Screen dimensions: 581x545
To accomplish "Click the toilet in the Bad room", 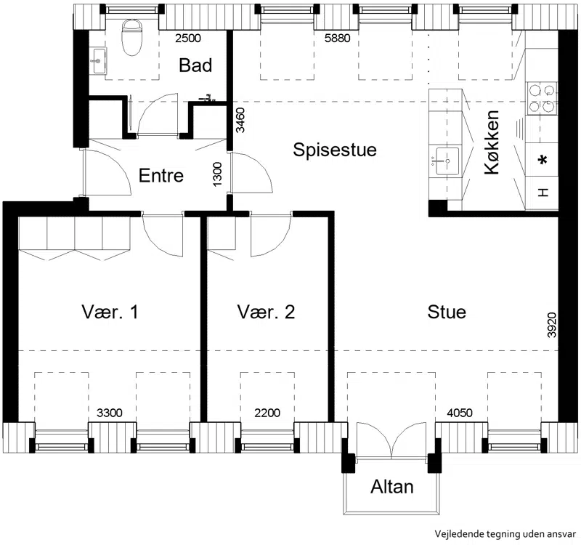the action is (132, 37).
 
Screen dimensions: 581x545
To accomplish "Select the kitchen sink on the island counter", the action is (447, 161).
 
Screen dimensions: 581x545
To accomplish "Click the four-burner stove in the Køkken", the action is (542, 98).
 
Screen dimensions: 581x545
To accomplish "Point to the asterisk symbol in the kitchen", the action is (543, 161).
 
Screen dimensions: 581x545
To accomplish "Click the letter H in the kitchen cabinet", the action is (543, 193).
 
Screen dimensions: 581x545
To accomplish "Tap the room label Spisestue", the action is (335, 150).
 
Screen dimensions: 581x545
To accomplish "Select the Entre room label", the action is (161, 175).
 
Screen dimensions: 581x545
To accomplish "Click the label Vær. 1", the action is (110, 312).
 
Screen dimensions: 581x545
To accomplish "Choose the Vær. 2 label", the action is (266, 312).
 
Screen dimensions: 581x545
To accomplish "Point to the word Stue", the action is (447, 312).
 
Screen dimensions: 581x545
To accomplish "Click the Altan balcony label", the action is (392, 487).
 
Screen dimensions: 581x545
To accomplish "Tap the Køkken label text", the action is (492, 142).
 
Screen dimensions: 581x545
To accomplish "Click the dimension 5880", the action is (337, 38).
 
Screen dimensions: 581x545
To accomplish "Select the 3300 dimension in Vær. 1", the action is (110, 413).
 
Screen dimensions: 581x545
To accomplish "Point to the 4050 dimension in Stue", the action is (460, 413).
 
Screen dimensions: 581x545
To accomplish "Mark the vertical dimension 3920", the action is (552, 326).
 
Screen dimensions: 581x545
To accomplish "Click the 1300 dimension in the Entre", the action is (217, 174).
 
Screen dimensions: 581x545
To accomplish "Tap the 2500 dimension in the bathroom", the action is (188, 38).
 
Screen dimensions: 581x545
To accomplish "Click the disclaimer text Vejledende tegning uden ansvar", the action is (505, 534).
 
